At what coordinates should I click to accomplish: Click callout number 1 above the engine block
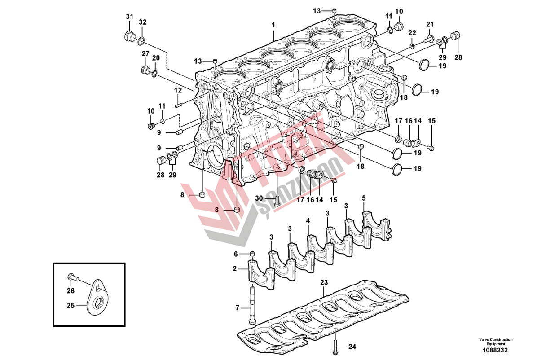coord(273,25)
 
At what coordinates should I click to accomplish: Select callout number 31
coord(129,17)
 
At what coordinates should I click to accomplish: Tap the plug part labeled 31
coord(130,35)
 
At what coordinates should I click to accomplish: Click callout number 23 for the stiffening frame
coord(324,283)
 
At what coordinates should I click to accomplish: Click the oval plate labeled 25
coord(97,296)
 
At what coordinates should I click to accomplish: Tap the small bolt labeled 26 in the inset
coord(71,277)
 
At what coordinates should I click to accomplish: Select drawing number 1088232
coord(495,350)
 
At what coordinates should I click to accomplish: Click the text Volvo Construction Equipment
coord(496,342)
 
